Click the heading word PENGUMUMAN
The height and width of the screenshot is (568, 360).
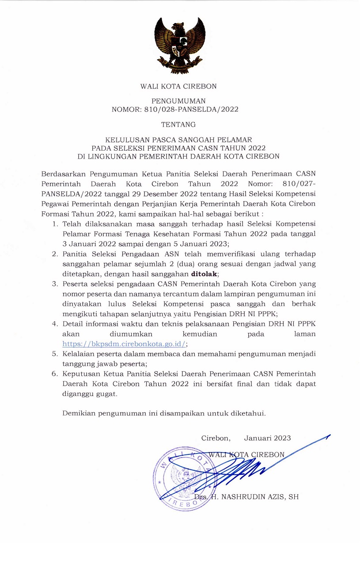178,101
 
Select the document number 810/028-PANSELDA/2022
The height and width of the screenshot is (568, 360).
192,110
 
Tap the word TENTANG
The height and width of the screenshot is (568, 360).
178,126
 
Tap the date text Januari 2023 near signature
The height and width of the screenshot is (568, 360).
267,438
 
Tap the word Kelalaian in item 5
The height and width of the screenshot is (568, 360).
79,354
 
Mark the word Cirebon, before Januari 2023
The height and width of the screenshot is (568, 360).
216,438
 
